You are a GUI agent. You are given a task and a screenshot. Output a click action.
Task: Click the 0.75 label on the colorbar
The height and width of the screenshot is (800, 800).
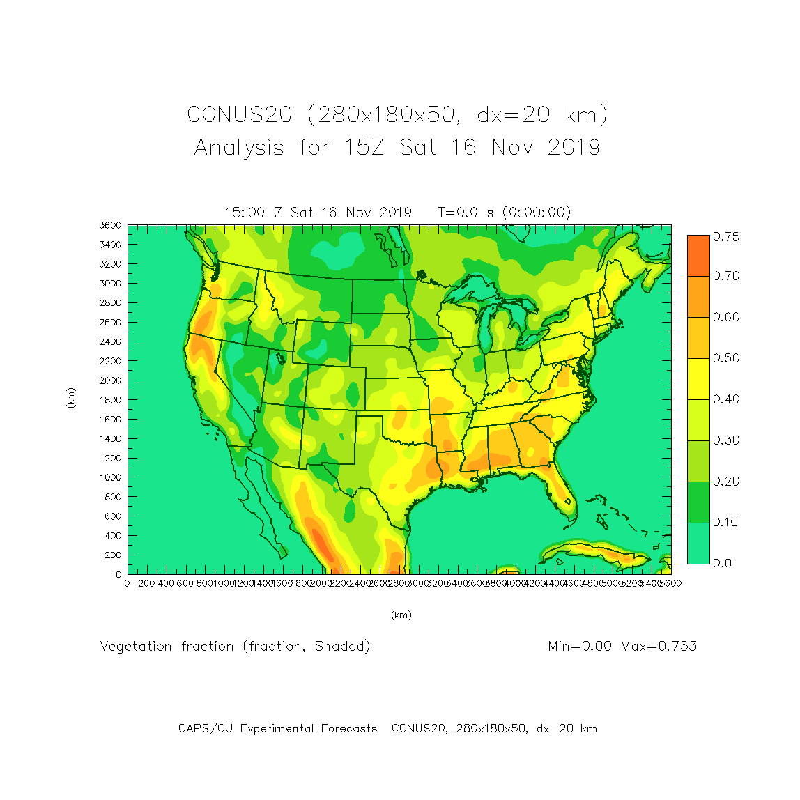point(725,237)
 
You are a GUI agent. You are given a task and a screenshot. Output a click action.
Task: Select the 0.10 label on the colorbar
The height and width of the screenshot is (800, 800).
point(725,522)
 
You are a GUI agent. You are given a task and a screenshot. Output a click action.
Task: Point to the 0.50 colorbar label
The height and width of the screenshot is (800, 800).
point(725,358)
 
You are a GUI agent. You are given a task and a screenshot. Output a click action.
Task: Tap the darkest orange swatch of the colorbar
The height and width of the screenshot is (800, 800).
point(698,255)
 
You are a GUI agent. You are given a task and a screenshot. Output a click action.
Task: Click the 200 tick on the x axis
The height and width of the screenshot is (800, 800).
point(146,583)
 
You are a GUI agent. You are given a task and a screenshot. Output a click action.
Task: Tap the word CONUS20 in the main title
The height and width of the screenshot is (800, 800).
point(239,115)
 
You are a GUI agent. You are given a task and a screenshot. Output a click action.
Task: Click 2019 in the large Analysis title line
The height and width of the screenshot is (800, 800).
point(574,148)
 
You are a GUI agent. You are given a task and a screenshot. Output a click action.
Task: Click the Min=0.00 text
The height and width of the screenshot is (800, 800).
point(580,647)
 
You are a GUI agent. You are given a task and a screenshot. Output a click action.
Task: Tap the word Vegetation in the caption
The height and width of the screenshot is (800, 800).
point(136,647)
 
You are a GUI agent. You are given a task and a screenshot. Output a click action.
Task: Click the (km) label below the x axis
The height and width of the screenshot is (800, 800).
point(401,615)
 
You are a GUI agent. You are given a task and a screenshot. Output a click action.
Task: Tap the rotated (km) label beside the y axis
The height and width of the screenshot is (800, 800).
point(70,398)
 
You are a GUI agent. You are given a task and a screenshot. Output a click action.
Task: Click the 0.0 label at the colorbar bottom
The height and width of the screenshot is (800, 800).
point(723,563)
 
